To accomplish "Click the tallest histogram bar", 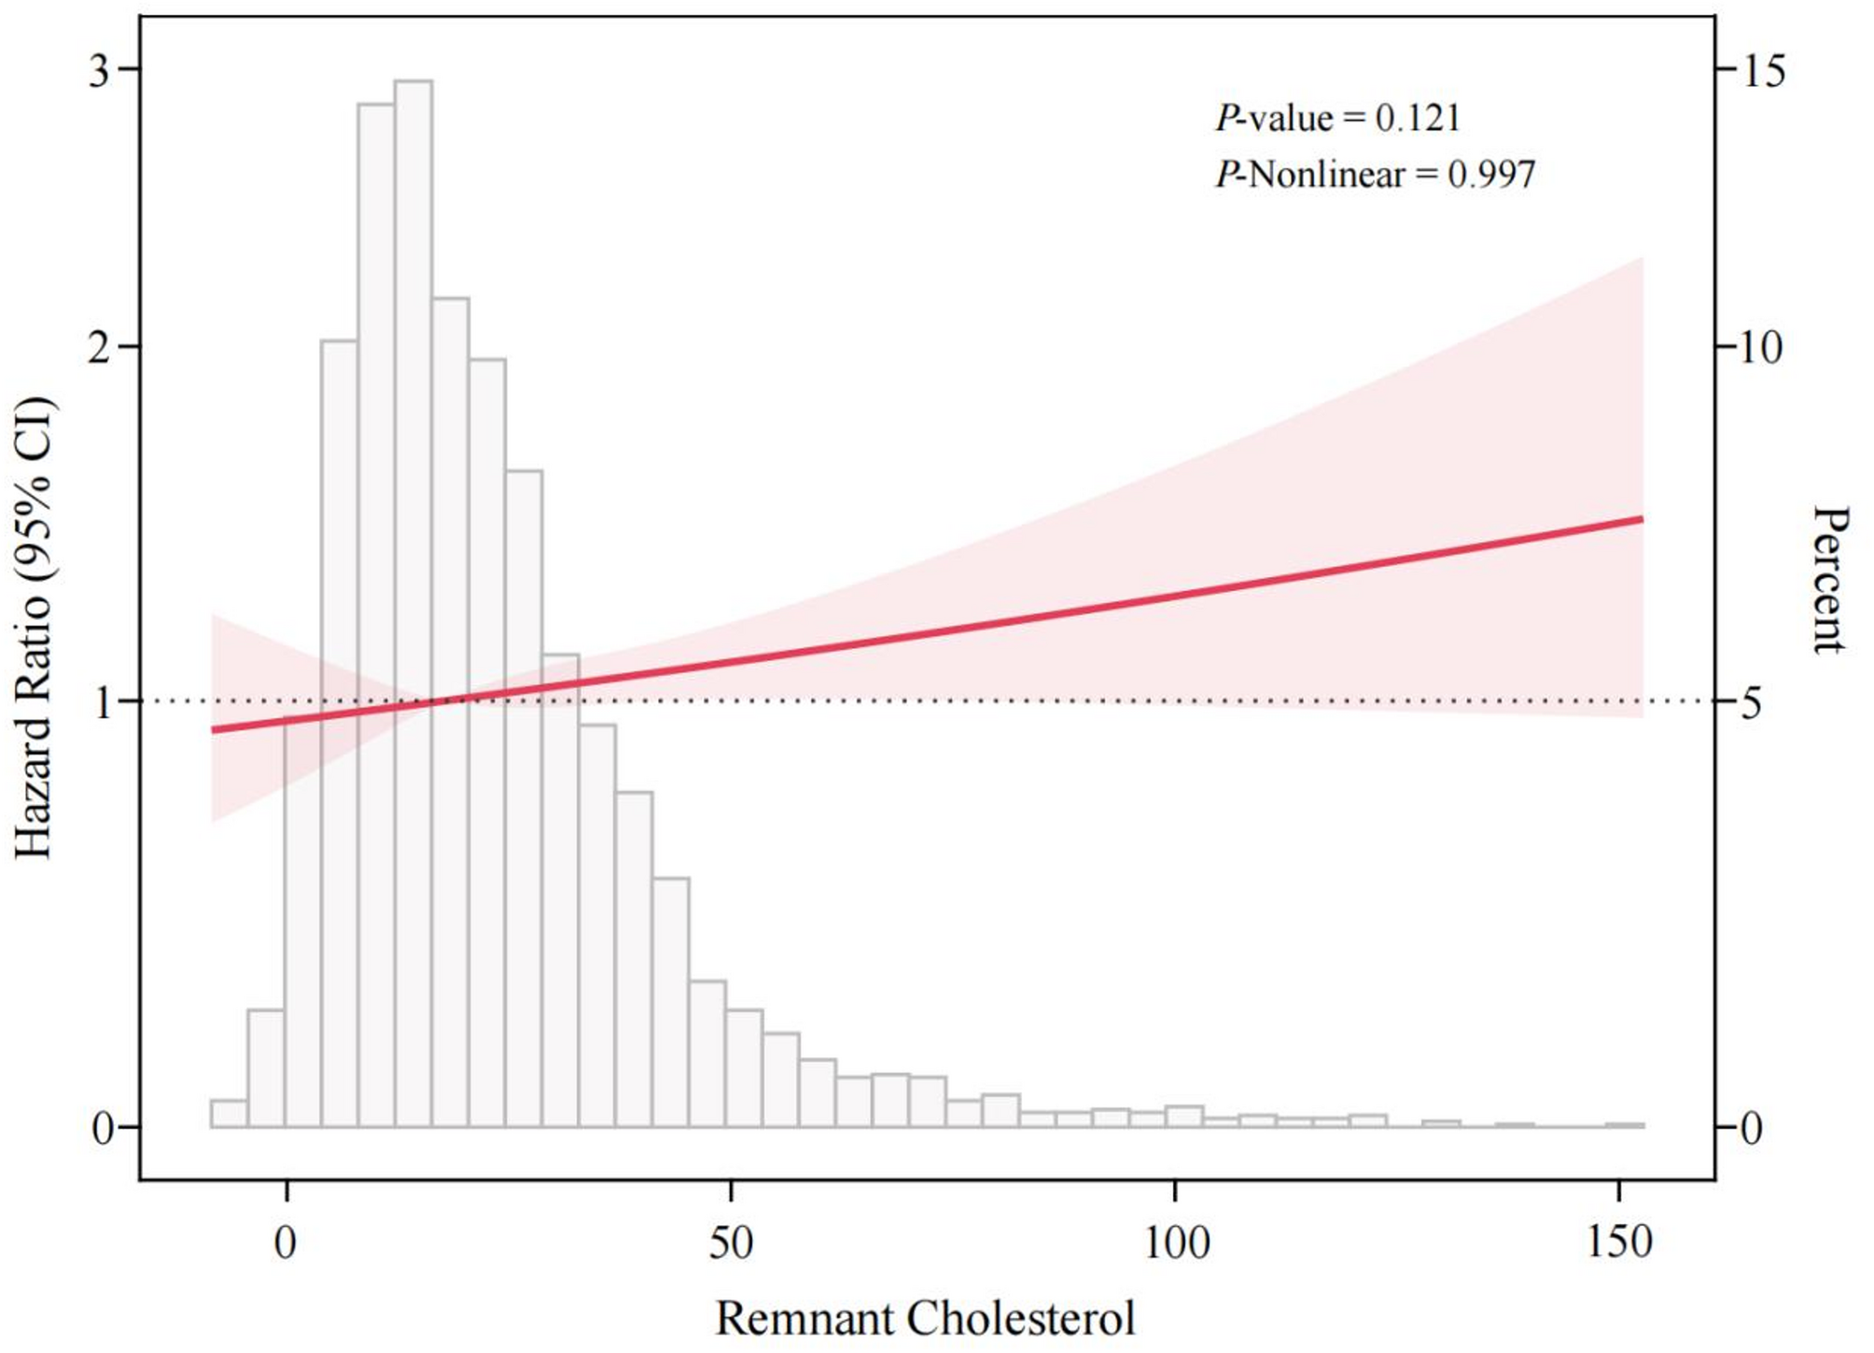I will [413, 598].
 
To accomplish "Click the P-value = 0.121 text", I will [1336, 118].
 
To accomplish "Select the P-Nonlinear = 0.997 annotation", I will [1374, 174].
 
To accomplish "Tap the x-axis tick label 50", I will [730, 1243].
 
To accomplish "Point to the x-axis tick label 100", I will [1175, 1243].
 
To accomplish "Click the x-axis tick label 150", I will [1618, 1243].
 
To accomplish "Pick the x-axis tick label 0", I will [286, 1243].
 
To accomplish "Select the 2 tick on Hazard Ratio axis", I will [101, 347].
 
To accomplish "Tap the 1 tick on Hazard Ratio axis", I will [103, 702].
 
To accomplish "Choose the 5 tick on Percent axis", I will [1751, 702].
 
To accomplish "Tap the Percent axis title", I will [1830, 579].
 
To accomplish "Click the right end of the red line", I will [1641, 518].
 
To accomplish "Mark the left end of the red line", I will [214, 729].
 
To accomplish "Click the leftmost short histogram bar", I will [229, 1114].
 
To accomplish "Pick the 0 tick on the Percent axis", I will [1751, 1129].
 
